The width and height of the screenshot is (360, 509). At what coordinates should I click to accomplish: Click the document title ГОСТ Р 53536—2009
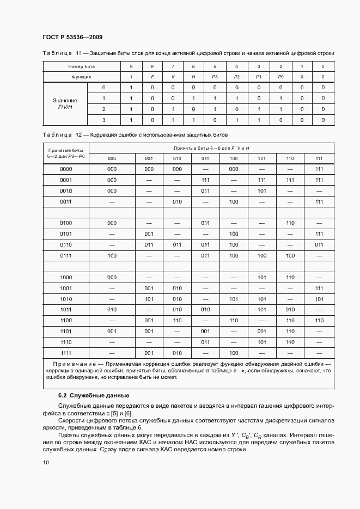[72, 37]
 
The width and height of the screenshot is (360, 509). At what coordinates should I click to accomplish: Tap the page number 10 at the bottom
[46, 462]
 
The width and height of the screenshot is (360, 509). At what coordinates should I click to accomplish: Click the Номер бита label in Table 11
[81, 66]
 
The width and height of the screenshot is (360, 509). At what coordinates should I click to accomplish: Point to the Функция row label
[81, 77]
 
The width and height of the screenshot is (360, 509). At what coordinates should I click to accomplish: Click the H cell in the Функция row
[193, 77]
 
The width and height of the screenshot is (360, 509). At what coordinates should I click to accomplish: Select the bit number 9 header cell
[131, 66]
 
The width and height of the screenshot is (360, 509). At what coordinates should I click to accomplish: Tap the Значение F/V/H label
[65, 104]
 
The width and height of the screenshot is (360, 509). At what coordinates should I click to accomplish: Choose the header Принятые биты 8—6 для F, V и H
[211, 148]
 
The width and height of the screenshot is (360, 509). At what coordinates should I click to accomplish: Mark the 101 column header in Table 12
[261, 158]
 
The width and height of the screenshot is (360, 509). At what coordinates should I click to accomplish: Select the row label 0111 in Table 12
[66, 255]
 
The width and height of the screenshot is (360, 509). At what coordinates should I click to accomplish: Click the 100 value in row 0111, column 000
[112, 255]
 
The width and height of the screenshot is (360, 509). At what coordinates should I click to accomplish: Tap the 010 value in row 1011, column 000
[112, 309]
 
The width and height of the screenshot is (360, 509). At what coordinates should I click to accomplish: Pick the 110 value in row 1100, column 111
[319, 320]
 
